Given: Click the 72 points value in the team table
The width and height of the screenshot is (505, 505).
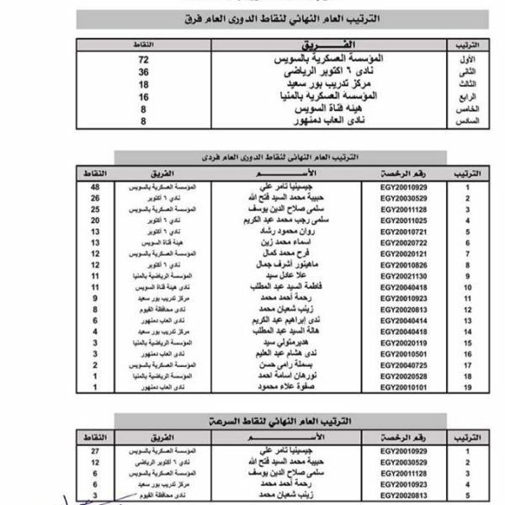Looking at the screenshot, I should click(x=144, y=61).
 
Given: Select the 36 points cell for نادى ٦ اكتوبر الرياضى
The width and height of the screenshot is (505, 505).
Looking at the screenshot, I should click(x=144, y=73).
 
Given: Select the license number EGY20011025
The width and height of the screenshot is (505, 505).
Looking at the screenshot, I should click(x=404, y=219).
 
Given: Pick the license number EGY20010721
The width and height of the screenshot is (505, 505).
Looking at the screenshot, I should click(x=404, y=231).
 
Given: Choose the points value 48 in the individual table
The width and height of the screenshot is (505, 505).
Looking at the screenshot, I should click(x=94, y=186).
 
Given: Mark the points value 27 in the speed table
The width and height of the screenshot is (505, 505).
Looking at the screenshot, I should click(x=94, y=451).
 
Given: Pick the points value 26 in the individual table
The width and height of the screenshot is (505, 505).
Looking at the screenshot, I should click(x=94, y=197).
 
